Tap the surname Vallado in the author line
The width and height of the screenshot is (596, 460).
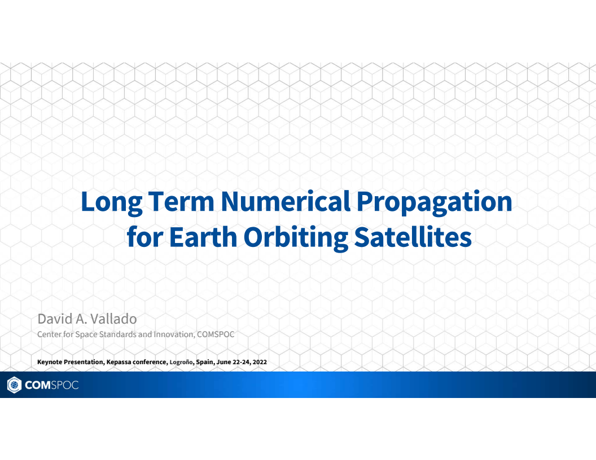click(114, 319)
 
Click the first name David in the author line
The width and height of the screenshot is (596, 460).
click(55, 319)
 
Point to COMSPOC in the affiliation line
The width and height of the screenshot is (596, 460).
click(215, 334)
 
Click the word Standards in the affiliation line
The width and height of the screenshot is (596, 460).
click(117, 334)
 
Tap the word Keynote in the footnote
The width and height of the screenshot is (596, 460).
click(50, 362)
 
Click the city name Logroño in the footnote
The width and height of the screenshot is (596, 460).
click(182, 362)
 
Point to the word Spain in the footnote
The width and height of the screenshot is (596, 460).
click(205, 362)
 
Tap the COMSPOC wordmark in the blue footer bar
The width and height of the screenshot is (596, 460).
click(51, 385)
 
